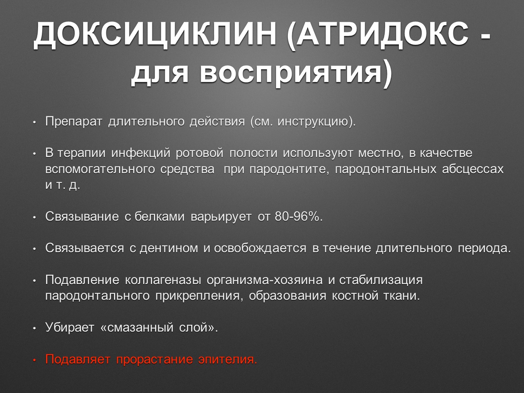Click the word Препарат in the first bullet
pos(74,121)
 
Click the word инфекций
pos(141,153)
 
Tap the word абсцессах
pos(473,169)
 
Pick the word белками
pos(159,216)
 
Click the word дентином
pos(169,248)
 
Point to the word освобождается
pos(260,248)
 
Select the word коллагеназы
pos(163,280)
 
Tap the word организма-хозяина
pos(264,280)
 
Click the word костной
pos(355,296)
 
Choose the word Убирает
pos(70,327)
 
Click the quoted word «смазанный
pos(137,327)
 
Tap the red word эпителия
pos(228,359)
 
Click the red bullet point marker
pos(35,360)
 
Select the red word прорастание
pos(154,359)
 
